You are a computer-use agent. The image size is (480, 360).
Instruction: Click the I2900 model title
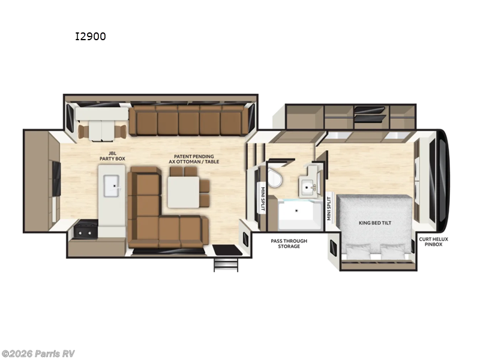90,37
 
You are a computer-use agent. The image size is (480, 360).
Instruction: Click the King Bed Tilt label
375,223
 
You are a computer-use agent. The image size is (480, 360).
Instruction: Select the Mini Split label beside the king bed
329,208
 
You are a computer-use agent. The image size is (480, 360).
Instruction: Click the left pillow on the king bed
358,251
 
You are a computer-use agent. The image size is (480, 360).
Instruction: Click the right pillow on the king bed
393,251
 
